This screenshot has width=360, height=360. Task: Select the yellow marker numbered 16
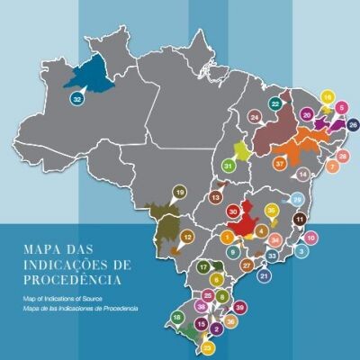pos(328,97)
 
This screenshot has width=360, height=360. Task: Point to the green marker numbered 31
pos(229,166)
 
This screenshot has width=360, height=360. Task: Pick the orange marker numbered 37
pos(280,164)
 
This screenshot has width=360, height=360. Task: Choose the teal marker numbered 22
pos(275,104)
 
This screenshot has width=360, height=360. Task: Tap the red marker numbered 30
pos(233,212)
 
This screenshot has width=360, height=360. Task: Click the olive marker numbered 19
pos(179,193)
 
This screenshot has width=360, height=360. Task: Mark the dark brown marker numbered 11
pos(301,220)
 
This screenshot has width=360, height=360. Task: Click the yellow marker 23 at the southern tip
pos(208,346)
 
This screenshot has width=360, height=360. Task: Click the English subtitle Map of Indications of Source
pos(69,296)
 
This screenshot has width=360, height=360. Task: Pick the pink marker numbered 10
pos(311,238)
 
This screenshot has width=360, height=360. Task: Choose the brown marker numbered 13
pos(216,197)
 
